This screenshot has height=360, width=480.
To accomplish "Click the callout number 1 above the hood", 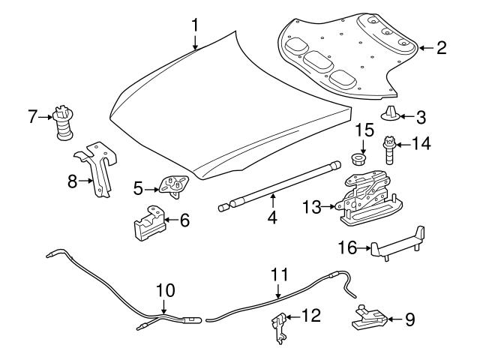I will pos(195,24).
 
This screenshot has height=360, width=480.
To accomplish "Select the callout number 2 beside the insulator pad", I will pos(441,48).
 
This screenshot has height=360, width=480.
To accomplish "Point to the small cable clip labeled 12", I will pos(279,327).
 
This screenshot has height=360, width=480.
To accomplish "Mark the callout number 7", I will pos(31,117).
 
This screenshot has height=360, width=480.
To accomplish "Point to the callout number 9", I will pos(409,319).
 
